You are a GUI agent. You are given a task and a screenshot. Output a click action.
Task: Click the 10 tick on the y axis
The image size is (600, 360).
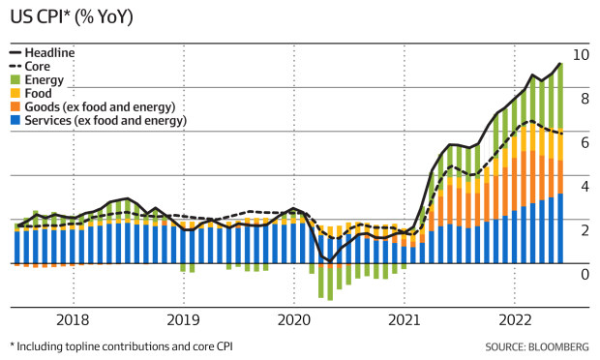click(x=581, y=54)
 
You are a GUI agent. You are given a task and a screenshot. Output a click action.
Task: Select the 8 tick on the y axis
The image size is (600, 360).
click(x=581, y=99)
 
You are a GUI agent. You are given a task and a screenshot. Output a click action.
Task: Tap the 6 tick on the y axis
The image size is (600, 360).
click(x=581, y=142)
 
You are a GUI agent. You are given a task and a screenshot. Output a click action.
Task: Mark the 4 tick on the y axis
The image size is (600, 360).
click(x=581, y=187)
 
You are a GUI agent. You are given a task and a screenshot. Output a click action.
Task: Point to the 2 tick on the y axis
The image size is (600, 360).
click(x=581, y=230)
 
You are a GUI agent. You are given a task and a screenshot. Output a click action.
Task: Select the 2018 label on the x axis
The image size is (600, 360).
click(x=73, y=318)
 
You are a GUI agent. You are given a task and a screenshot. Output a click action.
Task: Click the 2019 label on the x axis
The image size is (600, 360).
click(x=184, y=318)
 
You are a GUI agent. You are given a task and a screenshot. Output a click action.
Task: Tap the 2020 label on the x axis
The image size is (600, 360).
click(x=294, y=318)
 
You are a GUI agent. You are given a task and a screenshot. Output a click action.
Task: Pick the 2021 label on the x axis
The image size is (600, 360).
click(x=405, y=318)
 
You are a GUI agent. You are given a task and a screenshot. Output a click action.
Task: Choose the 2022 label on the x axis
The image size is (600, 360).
click(x=515, y=318)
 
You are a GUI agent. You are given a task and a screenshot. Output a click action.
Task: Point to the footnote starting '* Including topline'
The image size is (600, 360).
click(x=121, y=345)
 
